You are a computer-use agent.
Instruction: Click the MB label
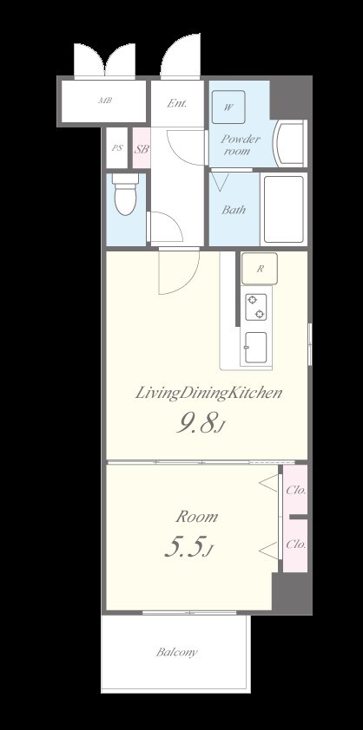[x=105, y=100]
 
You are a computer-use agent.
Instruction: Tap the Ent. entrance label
[x=177, y=103]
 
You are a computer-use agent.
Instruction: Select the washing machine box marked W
[x=228, y=108]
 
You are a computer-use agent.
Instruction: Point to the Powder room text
[x=241, y=145]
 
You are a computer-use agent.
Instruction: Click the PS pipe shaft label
[x=117, y=148]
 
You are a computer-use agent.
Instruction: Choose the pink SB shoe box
[x=142, y=147]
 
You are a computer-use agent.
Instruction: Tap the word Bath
[x=234, y=210]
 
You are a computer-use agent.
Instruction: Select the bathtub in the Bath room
[x=283, y=209]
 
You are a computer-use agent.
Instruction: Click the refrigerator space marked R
[x=260, y=269]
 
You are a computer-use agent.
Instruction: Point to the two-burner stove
[x=256, y=307]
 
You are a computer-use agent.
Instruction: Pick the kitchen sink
[x=255, y=348]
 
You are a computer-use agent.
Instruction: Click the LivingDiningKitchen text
[x=208, y=394]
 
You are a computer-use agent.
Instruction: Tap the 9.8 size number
[x=198, y=424]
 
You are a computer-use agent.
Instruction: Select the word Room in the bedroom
[x=196, y=517]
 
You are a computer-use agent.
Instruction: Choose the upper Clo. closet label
[x=296, y=490]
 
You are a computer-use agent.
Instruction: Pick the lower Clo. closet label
[x=296, y=544]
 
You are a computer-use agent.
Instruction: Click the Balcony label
[x=176, y=652]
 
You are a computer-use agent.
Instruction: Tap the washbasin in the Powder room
[x=290, y=143]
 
